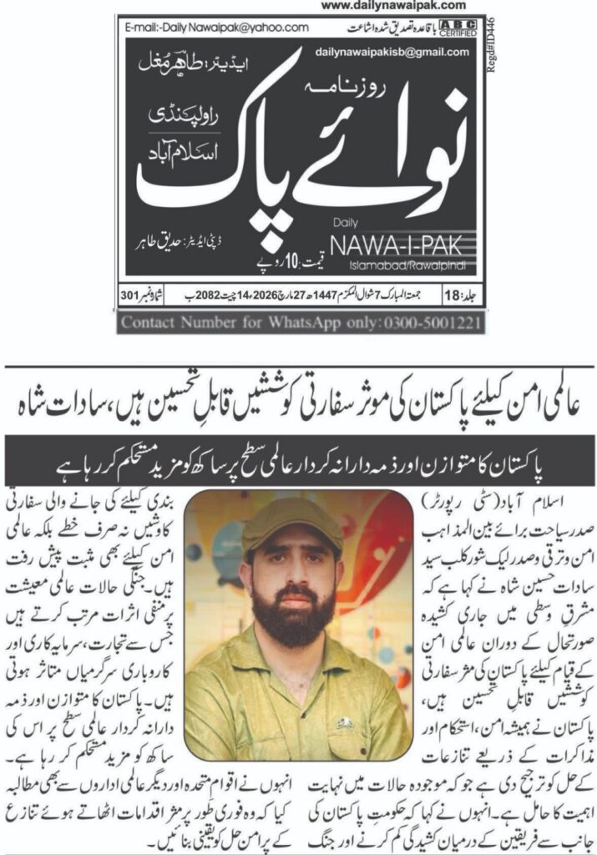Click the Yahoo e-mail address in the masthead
(x=218, y=28)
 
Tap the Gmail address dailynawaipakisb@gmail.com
(x=392, y=52)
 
